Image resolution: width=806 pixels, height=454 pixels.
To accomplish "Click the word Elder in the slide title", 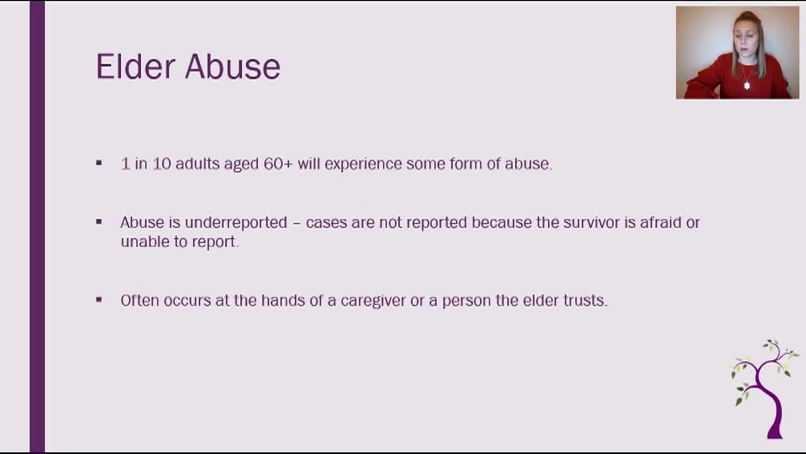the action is [x=135, y=66].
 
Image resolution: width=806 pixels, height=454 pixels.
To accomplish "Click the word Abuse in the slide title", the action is [x=232, y=66].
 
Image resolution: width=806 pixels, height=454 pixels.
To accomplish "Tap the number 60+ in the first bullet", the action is [x=278, y=164].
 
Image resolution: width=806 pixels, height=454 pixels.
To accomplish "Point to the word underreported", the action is [x=236, y=223].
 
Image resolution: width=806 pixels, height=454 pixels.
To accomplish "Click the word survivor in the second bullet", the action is [x=591, y=223].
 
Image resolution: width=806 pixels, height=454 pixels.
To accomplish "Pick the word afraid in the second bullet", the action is [x=661, y=223].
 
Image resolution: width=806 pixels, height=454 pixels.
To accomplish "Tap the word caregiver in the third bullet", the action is [x=373, y=301].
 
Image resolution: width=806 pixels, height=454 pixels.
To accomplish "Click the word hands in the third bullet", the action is [x=283, y=301].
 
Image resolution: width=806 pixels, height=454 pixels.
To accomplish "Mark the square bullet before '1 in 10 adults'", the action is [x=99, y=163].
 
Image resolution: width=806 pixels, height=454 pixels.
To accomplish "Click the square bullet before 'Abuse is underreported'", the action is [x=99, y=222].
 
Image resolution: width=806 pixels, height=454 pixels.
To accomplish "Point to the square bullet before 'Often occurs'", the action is [x=99, y=300].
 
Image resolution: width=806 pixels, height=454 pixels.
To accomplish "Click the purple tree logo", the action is [x=765, y=389].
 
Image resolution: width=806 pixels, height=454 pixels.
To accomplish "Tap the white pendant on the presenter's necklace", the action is [x=747, y=86].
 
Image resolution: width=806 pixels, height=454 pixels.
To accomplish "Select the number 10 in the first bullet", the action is [x=162, y=164].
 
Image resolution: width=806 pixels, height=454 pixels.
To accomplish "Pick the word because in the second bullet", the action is [x=502, y=223].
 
